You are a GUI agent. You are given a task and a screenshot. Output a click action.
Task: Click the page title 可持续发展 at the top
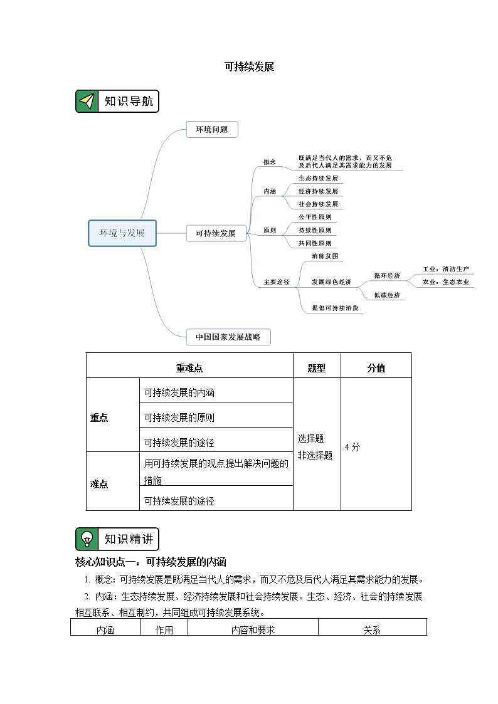tap(249, 67)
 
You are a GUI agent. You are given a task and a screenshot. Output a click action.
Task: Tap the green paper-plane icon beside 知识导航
tap(87, 102)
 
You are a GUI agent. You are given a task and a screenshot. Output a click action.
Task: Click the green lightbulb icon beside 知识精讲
tap(87, 539)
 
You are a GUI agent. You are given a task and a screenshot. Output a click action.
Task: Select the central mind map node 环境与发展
tap(122, 233)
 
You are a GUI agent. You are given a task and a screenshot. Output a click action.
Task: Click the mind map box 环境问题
tap(211, 130)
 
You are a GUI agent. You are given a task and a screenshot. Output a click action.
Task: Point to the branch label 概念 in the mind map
tap(269, 162)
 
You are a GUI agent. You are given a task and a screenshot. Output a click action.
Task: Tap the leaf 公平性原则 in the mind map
tap(315, 217)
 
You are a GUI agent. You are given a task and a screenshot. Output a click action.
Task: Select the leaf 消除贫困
tap(325, 256)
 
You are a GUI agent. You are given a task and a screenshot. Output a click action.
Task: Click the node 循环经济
tap(387, 275)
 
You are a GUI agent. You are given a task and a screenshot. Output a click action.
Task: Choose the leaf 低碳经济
tap(387, 295)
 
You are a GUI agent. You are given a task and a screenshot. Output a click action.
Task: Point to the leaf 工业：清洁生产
tap(446, 269)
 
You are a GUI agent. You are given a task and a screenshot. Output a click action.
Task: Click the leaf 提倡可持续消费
tap(337, 308)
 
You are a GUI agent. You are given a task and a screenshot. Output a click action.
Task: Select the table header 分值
tap(376, 368)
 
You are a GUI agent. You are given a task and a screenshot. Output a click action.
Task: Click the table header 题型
tap(317, 368)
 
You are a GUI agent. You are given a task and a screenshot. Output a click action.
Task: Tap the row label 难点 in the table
tap(99, 483)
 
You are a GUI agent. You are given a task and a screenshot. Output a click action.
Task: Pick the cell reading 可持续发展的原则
tap(179, 418)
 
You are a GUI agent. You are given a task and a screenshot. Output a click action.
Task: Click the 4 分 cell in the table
tap(352, 447)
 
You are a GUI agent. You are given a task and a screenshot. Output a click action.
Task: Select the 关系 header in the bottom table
tap(372, 630)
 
